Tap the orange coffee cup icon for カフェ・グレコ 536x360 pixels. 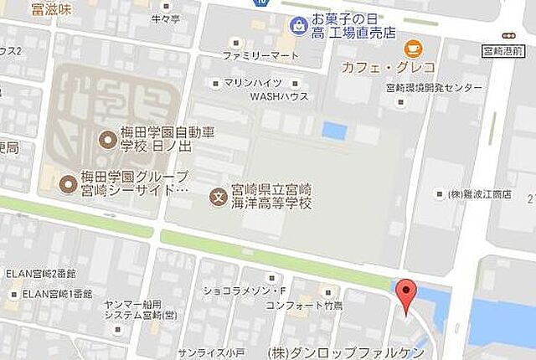click(x=412, y=49)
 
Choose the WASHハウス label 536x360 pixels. click(x=280, y=96)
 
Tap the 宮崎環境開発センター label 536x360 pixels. click(x=434, y=88)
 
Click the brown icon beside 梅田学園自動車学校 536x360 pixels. click(x=106, y=138)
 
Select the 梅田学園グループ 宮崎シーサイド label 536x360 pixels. click(x=134, y=183)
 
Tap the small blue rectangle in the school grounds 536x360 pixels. click(x=334, y=131)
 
